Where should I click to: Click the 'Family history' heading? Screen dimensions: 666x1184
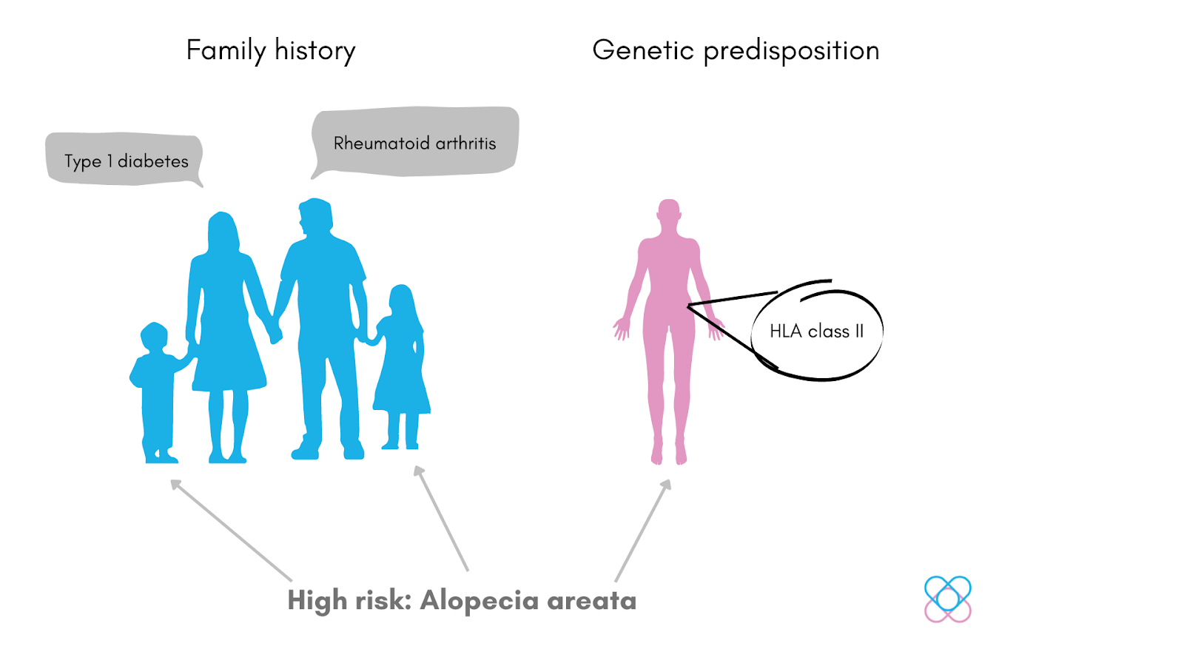271,50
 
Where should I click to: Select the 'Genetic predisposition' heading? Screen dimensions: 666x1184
736,50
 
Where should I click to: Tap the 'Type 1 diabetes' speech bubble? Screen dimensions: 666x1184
124,159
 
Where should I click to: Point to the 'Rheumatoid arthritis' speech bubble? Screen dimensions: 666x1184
414,143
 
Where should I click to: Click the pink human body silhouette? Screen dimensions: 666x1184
669,333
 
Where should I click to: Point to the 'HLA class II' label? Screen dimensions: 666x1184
816,331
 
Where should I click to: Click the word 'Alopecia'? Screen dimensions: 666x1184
480,601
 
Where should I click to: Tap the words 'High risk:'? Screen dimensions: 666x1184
349,601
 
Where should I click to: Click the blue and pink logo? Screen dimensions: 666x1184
948,599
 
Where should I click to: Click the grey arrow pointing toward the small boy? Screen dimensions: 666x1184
231,530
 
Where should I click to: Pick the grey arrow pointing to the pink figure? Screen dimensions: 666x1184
643,530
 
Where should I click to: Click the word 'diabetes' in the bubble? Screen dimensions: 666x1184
153,161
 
